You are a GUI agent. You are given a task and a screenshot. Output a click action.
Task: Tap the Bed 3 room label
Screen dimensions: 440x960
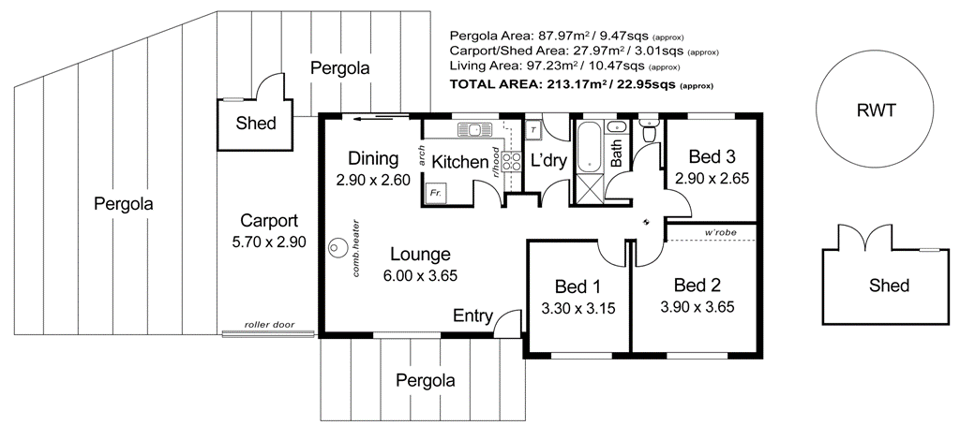pos(712,156)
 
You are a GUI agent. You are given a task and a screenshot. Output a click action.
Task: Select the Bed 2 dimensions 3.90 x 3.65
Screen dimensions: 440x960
pos(697,306)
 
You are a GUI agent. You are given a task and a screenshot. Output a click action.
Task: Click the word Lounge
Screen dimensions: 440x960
pos(420,254)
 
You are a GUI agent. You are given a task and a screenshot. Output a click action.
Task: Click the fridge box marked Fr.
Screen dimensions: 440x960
pos(435,192)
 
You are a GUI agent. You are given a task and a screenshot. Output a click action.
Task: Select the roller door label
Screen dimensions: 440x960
pos(269,325)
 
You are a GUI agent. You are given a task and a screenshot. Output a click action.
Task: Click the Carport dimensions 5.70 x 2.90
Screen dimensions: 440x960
pos(269,242)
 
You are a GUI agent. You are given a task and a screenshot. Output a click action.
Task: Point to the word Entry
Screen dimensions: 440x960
pos(472,315)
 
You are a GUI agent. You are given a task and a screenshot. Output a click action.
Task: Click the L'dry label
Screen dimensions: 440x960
pos(548,160)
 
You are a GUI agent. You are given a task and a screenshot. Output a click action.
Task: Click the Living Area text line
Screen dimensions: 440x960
pos(565,67)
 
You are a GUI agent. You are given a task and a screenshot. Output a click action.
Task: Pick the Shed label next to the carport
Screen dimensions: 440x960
pos(256,124)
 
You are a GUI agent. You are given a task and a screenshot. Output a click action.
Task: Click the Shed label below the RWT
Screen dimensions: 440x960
pos(889,285)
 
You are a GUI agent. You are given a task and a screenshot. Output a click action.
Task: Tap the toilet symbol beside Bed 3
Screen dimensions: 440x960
pos(648,131)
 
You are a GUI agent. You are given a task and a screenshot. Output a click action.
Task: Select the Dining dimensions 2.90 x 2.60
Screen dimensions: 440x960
pos(373,180)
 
